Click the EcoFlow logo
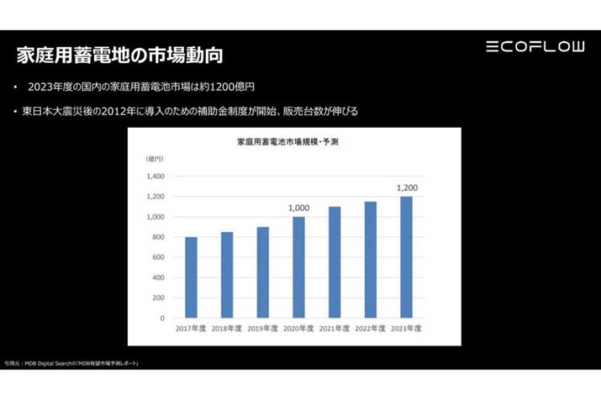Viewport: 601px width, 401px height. click(535, 46)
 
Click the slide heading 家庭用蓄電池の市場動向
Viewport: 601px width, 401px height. click(120, 56)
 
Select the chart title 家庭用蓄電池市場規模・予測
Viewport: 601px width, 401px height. click(287, 143)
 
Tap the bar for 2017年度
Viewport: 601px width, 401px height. click(191, 277)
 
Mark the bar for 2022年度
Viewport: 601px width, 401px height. click(371, 260)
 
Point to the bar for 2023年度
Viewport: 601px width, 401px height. click(406, 257)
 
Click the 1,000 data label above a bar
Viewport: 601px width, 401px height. click(298, 208)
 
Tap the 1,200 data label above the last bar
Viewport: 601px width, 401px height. click(407, 187)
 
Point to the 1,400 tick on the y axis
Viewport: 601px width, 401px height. click(155, 177)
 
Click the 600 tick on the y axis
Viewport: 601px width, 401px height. click(157, 257)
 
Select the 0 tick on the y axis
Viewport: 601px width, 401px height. click(162, 319)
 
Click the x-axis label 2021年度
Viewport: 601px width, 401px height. click(335, 329)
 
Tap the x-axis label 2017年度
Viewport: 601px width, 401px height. click(191, 329)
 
